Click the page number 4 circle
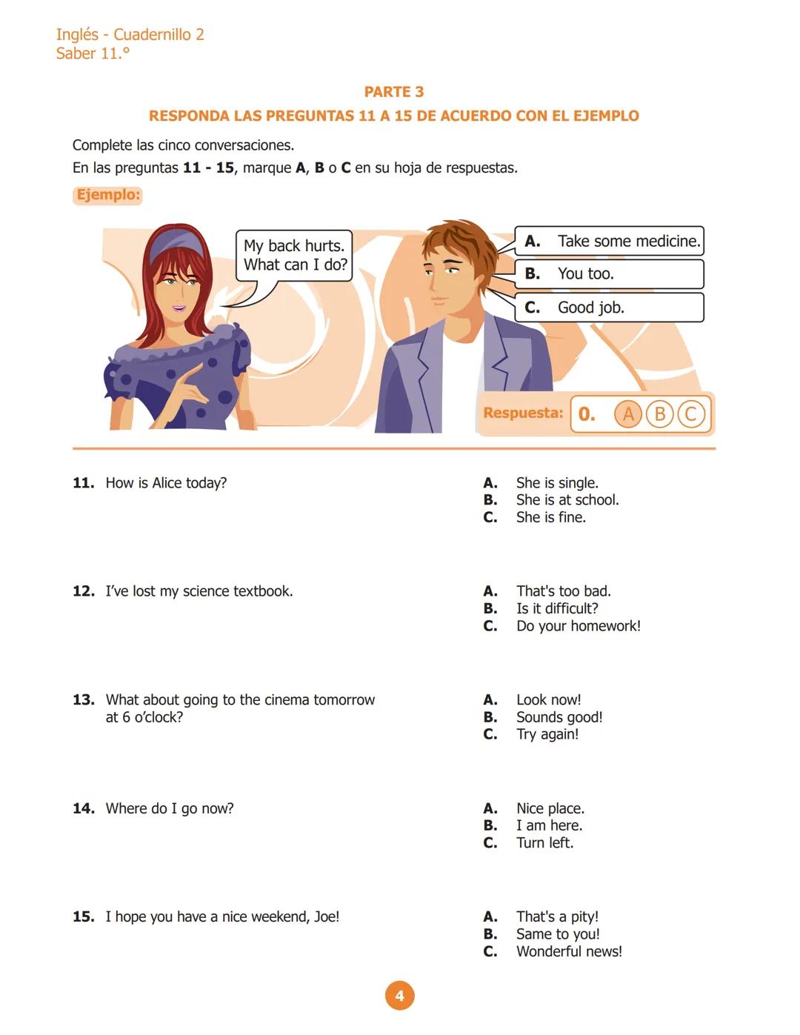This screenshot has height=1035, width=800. pyautogui.click(x=399, y=996)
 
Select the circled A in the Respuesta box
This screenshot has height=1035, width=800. pyautogui.click(x=627, y=413)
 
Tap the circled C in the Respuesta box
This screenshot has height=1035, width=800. pyautogui.click(x=690, y=413)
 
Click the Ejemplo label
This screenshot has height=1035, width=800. pyautogui.click(x=107, y=195)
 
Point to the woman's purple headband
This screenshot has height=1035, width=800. pyautogui.click(x=176, y=242)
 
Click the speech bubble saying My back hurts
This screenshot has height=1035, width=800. pyautogui.click(x=294, y=256)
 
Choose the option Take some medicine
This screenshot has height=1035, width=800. pyautogui.click(x=610, y=241)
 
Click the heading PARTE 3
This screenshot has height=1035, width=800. pyautogui.click(x=393, y=92)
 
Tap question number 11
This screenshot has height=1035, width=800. pyautogui.click(x=83, y=483)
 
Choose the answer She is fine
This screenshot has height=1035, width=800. pyautogui.click(x=550, y=517)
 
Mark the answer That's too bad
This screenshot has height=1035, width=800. pyautogui.click(x=563, y=591)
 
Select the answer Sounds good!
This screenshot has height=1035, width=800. pyautogui.click(x=559, y=717)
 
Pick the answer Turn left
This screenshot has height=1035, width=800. pyautogui.click(x=544, y=842)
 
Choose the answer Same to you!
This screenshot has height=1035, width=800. pyautogui.click(x=557, y=934)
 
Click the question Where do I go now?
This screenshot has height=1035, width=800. pyautogui.click(x=169, y=808)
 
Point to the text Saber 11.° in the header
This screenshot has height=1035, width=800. pyautogui.click(x=93, y=53)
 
